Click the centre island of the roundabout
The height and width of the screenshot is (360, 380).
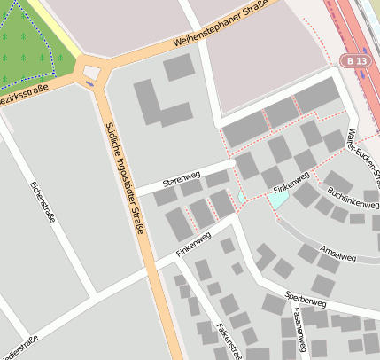(92, 71)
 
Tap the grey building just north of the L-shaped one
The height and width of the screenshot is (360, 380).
(178, 67)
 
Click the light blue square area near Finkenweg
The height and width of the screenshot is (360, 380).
(278, 200)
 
